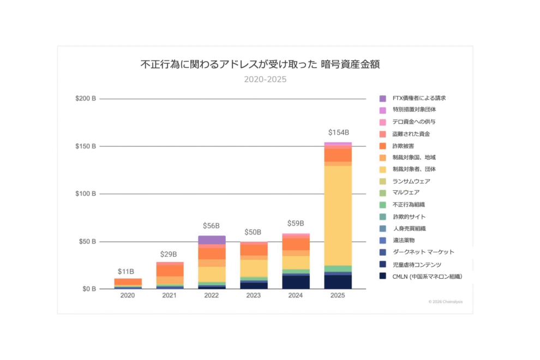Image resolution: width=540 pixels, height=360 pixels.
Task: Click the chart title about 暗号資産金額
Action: [x=260, y=64]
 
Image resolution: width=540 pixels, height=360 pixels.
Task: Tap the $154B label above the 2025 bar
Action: [x=338, y=133]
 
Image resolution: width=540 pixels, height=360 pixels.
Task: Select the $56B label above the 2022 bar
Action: [x=211, y=226]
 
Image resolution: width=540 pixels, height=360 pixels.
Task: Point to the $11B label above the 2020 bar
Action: [x=127, y=271]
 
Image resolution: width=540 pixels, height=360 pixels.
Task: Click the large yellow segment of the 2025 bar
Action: [x=338, y=215]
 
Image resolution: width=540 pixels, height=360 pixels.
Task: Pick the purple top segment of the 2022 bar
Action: [x=212, y=240]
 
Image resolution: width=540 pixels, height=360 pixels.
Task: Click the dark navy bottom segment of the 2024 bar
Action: [x=296, y=282]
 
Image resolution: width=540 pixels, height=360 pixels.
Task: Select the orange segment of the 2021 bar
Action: [x=170, y=271]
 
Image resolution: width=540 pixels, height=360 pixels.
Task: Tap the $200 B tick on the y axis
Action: [x=86, y=99]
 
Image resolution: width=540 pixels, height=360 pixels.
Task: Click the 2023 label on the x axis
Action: [x=254, y=295]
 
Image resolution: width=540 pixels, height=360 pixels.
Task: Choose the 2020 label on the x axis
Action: [x=127, y=295]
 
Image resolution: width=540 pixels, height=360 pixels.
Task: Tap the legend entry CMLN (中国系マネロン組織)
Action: [x=427, y=277]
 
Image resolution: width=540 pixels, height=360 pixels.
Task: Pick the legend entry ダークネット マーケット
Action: [x=423, y=252]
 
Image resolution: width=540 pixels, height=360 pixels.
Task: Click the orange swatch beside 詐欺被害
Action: [x=383, y=146]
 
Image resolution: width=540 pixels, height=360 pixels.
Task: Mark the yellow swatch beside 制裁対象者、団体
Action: [x=383, y=170]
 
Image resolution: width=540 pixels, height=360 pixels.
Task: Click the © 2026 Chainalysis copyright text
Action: [x=446, y=302]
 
